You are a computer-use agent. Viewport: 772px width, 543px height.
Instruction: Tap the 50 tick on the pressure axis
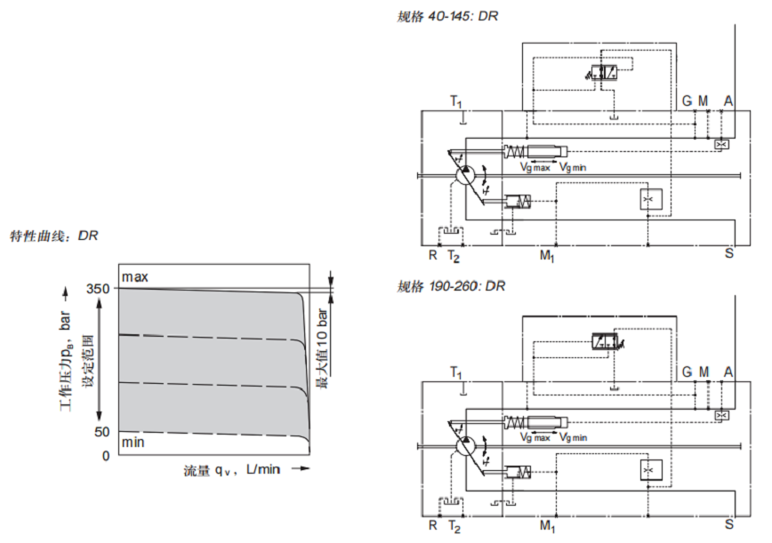tap(102, 432)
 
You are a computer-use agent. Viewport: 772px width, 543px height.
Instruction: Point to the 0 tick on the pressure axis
tap(106, 455)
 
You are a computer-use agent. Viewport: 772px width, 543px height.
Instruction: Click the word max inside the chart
tap(135, 277)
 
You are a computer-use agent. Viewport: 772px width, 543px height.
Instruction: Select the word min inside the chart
tap(133, 443)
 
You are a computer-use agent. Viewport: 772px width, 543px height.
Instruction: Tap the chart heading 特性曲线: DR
tap(53, 236)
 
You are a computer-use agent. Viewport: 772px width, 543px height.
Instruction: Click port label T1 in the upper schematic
tap(456, 101)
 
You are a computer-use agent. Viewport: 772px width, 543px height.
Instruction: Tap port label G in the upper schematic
tap(687, 101)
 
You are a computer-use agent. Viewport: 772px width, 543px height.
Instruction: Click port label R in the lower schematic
tap(432, 525)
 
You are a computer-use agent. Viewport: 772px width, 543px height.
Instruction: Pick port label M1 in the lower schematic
tap(547, 525)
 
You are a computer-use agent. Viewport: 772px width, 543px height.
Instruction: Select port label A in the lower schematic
tap(728, 371)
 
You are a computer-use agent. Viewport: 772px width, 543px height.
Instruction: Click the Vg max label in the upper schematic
tap(535, 166)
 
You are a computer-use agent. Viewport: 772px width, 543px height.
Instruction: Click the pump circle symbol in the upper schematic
tap(463, 175)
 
